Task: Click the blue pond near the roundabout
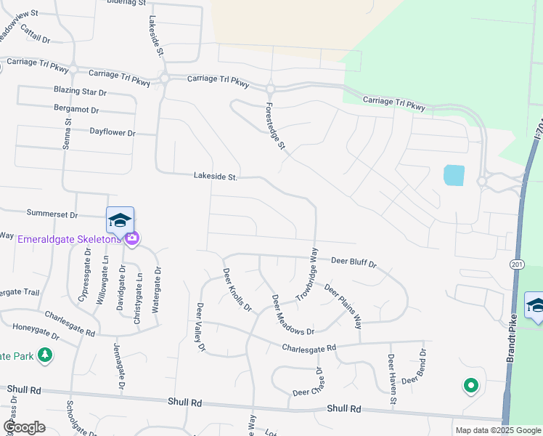pyautogui.click(x=454, y=176)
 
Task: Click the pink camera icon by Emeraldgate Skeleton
pyautogui.click(x=131, y=238)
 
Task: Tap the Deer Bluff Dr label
pyautogui.click(x=354, y=262)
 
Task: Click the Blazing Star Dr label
pyautogui.click(x=80, y=92)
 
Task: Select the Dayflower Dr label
pyautogui.click(x=113, y=133)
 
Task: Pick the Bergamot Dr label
pyautogui.click(x=76, y=109)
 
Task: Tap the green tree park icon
pyautogui.click(x=45, y=355)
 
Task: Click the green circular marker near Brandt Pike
pyautogui.click(x=470, y=386)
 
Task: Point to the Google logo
pyautogui.click(x=24, y=427)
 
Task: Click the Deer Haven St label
pyautogui.click(x=392, y=379)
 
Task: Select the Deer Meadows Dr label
pyautogui.click(x=293, y=315)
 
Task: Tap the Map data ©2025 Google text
pyautogui.click(x=497, y=430)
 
